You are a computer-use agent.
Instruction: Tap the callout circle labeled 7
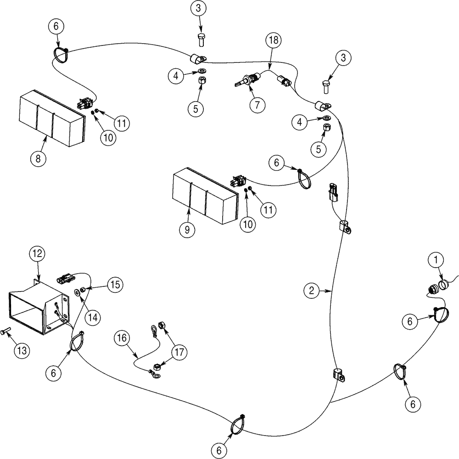[257, 105]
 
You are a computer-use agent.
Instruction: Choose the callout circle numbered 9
[187, 230]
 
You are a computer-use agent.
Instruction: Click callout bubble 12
[37, 253]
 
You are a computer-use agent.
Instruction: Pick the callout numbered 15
[115, 285]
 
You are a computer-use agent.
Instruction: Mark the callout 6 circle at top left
[56, 28]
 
